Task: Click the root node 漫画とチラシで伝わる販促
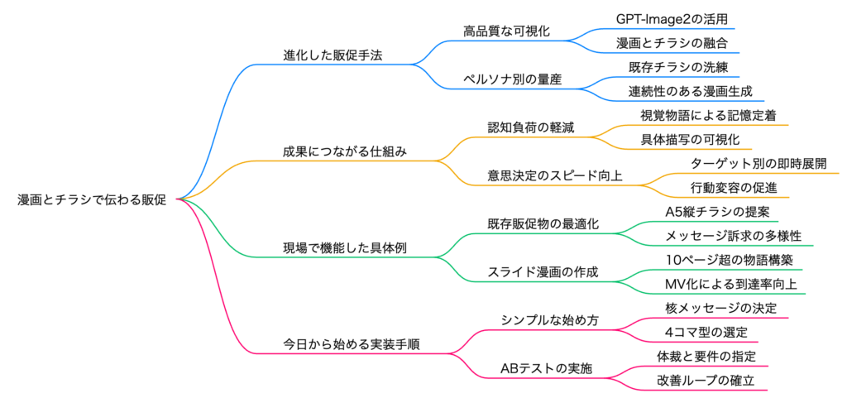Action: tap(92, 199)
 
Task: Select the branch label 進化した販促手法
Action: tap(333, 55)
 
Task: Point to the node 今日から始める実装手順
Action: tap(351, 343)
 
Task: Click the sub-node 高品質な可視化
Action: tap(507, 31)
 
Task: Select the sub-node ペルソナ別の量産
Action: tap(512, 79)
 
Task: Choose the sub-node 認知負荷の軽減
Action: tap(531, 127)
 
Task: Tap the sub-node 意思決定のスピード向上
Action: tap(555, 175)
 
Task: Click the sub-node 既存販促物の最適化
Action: tap(543, 223)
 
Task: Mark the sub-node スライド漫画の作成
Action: tap(543, 271)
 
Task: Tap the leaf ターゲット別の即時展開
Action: tap(758, 163)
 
